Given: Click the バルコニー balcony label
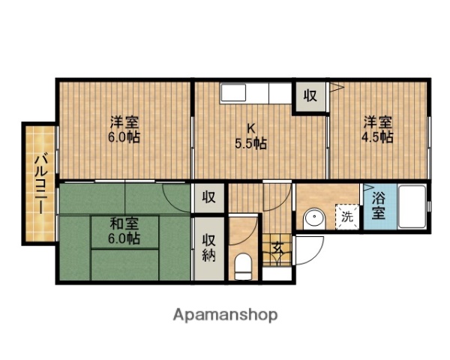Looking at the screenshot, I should point(37,183).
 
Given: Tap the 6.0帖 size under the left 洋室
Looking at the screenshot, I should point(124,139).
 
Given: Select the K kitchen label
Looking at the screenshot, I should point(253,127).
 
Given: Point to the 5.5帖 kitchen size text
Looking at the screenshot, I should point(253,144).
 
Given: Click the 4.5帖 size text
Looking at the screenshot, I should point(378,137).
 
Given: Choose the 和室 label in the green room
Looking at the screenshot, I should point(124,223).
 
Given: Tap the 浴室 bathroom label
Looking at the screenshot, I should point(377,205).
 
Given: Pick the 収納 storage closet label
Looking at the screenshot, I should point(208,247).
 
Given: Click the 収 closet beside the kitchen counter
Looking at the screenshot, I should point(310,95).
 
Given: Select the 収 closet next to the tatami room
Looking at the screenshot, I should point(208,198).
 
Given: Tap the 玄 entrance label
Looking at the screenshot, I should point(276,247).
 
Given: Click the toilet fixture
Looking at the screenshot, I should point(242,264).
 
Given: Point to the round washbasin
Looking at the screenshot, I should point(313,219).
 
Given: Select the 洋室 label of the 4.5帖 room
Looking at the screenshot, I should point(378,121).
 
